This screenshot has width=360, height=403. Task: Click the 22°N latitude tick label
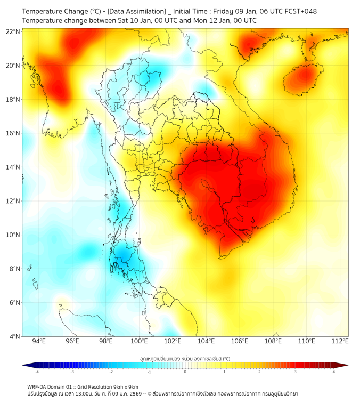tap(13, 31)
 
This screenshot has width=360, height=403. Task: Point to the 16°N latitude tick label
tap(13, 133)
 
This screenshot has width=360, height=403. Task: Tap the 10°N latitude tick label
tap(13, 235)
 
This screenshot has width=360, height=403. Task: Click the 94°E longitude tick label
tap(39, 341)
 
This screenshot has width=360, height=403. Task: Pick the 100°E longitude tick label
tap(140, 341)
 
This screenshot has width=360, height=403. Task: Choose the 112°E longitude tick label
tap(341, 341)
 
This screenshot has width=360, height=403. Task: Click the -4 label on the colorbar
tap(37, 372)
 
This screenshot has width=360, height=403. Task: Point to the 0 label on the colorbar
tap(185, 372)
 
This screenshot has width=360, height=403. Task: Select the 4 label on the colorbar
tap(334, 372)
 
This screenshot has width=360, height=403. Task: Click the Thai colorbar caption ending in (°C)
tap(185, 359)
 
